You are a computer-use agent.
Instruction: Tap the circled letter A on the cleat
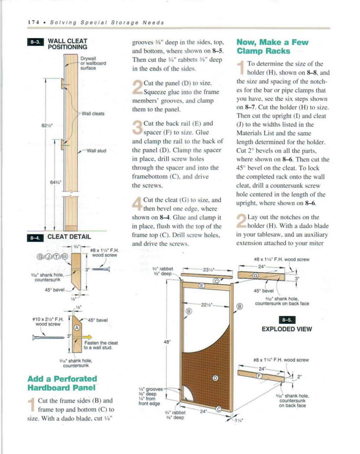77,328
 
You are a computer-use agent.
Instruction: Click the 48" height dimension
166,342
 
